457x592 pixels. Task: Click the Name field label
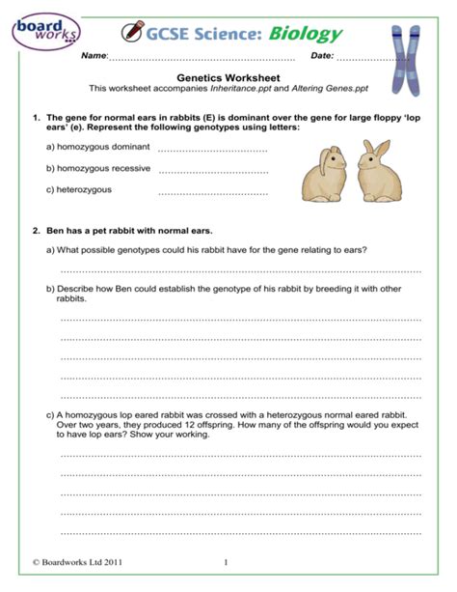tap(94, 56)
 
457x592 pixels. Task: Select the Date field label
tap(322, 56)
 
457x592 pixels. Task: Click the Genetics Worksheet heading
tap(228, 75)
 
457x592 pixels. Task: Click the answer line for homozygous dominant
tap(211, 150)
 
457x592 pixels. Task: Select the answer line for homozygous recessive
tap(211, 171)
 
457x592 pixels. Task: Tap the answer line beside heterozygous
tap(211, 192)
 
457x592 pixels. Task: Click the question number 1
tap(36, 117)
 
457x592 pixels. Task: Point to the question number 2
tap(36, 231)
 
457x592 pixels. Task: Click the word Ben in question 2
tap(54, 231)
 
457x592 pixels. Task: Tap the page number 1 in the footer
tap(225, 562)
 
